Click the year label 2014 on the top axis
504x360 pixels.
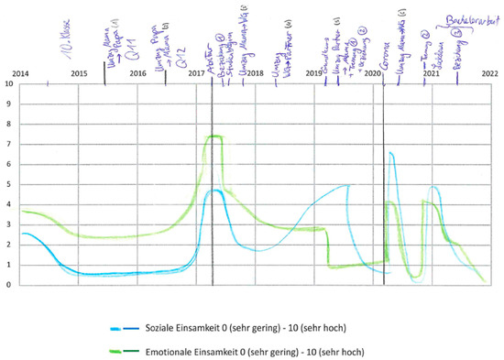click(19, 72)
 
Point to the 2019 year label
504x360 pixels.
click(314, 72)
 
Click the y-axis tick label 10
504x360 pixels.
click(9, 83)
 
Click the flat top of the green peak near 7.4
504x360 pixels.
click(214, 136)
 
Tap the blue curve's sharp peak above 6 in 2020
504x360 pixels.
click(390, 153)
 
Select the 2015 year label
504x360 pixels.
click(80, 72)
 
